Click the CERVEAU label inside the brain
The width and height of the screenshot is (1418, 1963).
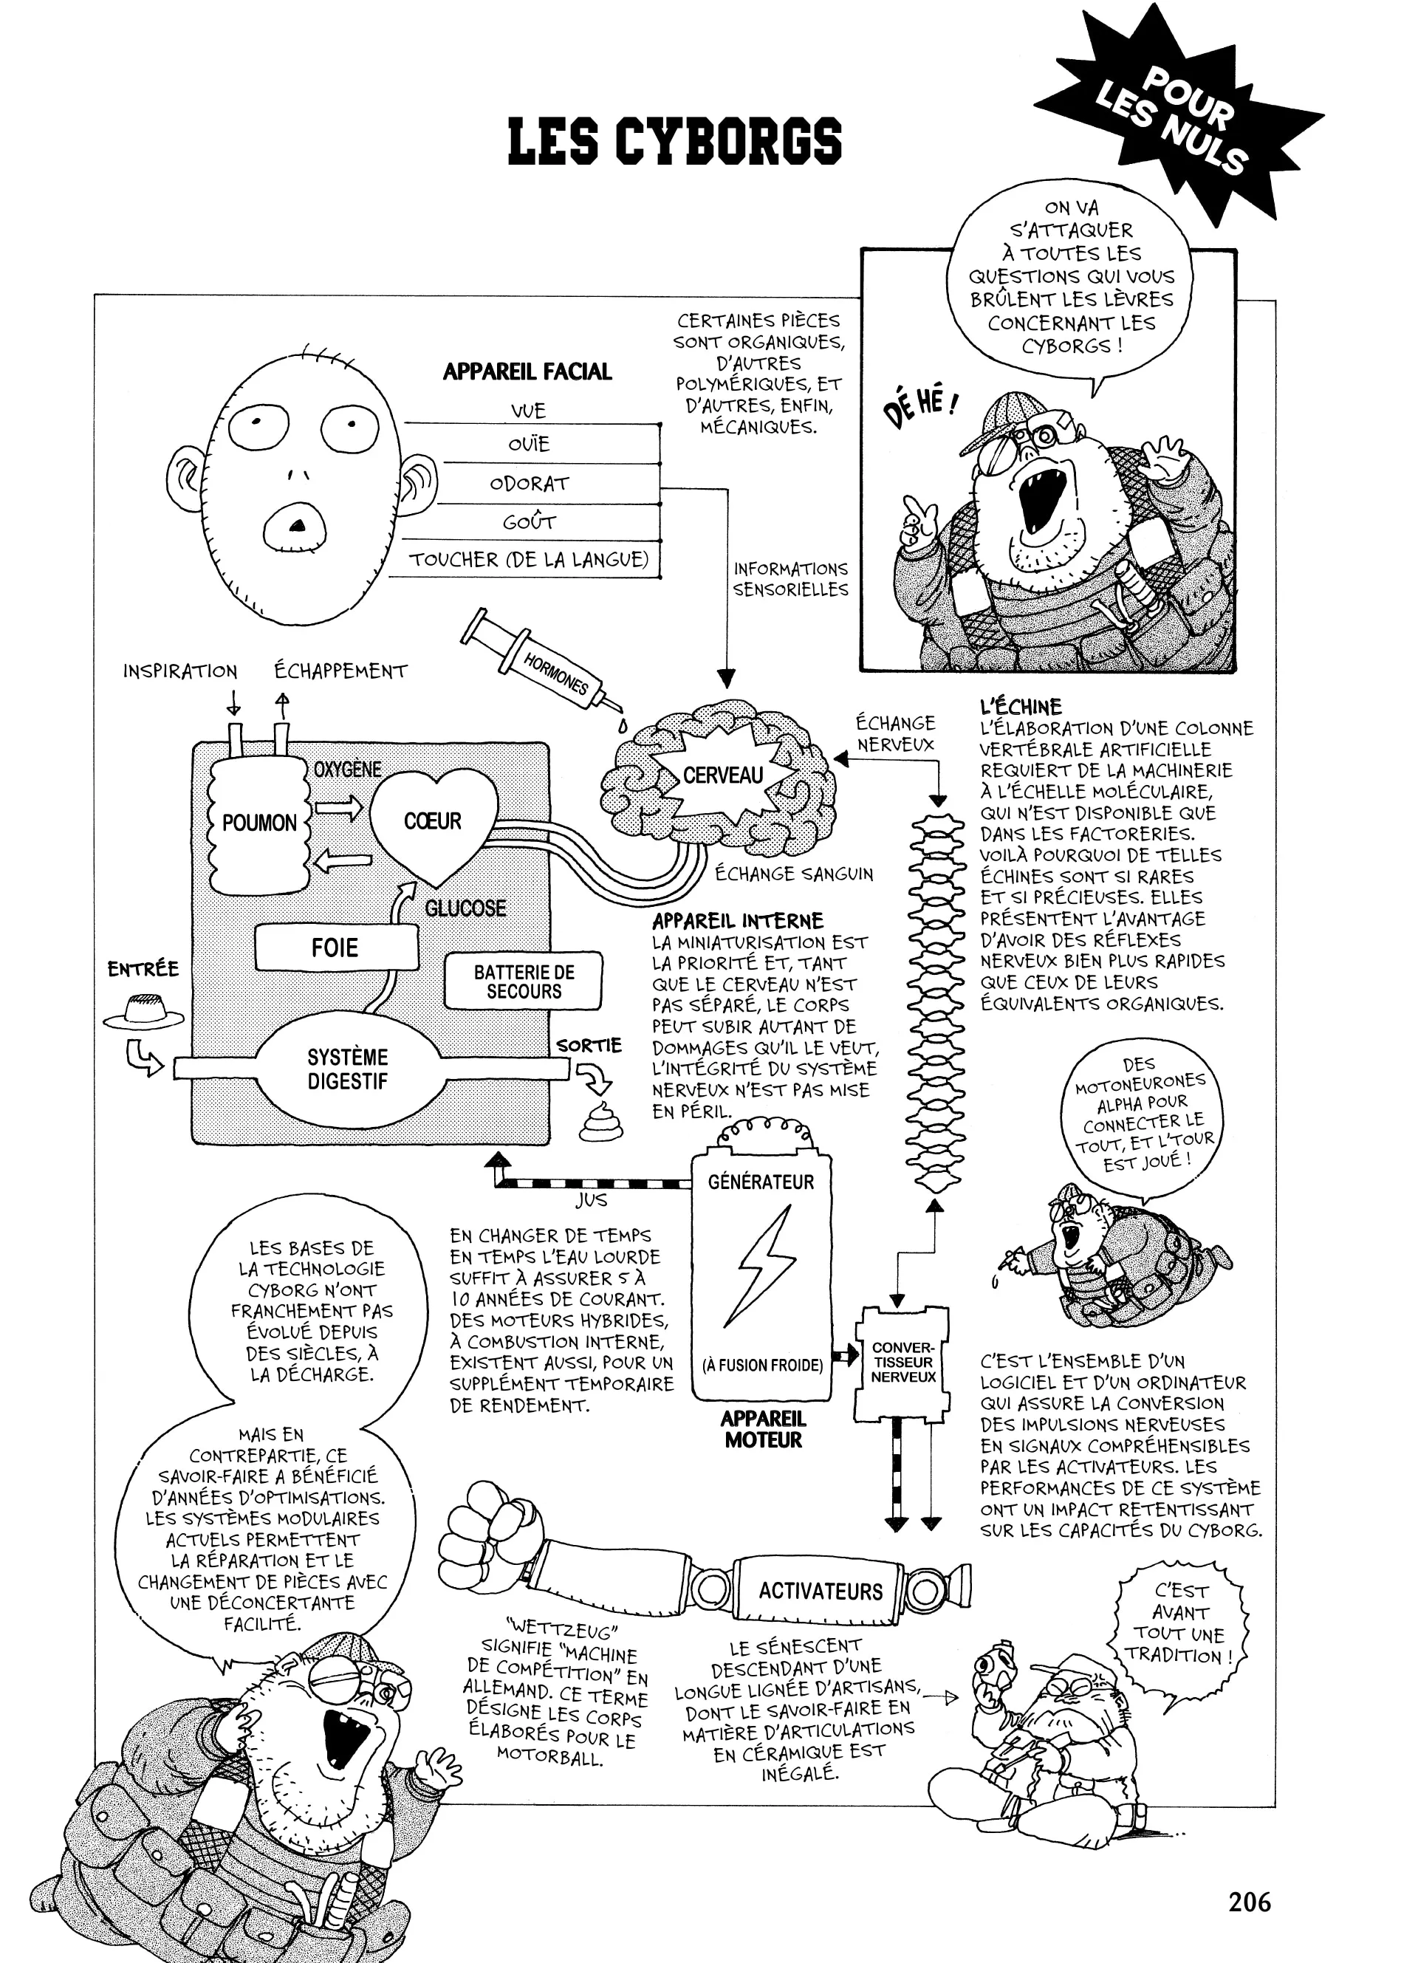[723, 775]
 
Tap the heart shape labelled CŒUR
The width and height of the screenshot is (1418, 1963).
[433, 822]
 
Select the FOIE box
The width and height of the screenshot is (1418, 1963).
[336, 947]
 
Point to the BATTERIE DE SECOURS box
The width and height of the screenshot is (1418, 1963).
[523, 981]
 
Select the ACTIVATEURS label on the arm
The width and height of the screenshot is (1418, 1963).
[820, 1591]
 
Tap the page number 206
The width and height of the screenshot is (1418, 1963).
[1248, 1902]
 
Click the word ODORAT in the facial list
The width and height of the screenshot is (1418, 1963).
[529, 484]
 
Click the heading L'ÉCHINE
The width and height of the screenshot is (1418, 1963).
[1021, 706]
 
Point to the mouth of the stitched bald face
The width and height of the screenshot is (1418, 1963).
[296, 527]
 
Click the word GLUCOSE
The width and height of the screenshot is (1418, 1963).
[465, 908]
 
